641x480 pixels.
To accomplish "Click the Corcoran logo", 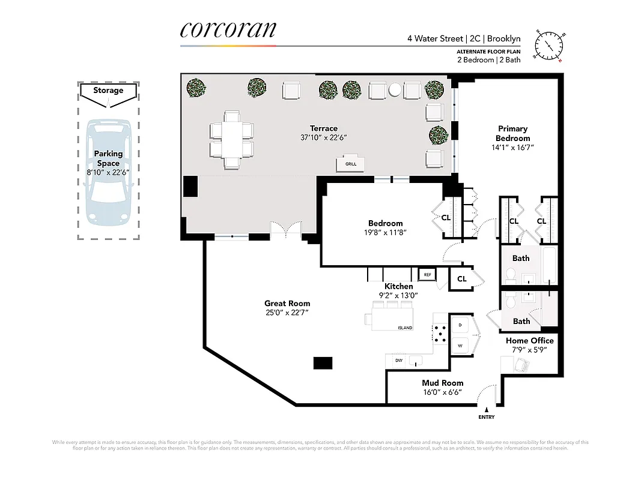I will click(x=228, y=31).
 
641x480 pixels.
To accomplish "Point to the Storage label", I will click(x=108, y=91).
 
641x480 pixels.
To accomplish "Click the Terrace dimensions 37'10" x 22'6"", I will click(x=324, y=137).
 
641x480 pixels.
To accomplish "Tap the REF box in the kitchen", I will click(x=427, y=274).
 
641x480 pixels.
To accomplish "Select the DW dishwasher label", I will click(x=398, y=361).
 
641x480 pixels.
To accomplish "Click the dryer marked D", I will click(x=460, y=325).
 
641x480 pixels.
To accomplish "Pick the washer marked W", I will click(x=460, y=346).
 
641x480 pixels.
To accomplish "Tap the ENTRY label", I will click(x=486, y=416).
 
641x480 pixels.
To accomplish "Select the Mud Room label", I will click(x=442, y=383).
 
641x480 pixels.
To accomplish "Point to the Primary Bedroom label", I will click(x=512, y=133).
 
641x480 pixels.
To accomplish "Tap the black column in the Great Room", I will click(x=323, y=363).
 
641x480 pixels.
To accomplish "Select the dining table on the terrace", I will click(x=231, y=139).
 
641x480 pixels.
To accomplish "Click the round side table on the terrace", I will click(x=394, y=91).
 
